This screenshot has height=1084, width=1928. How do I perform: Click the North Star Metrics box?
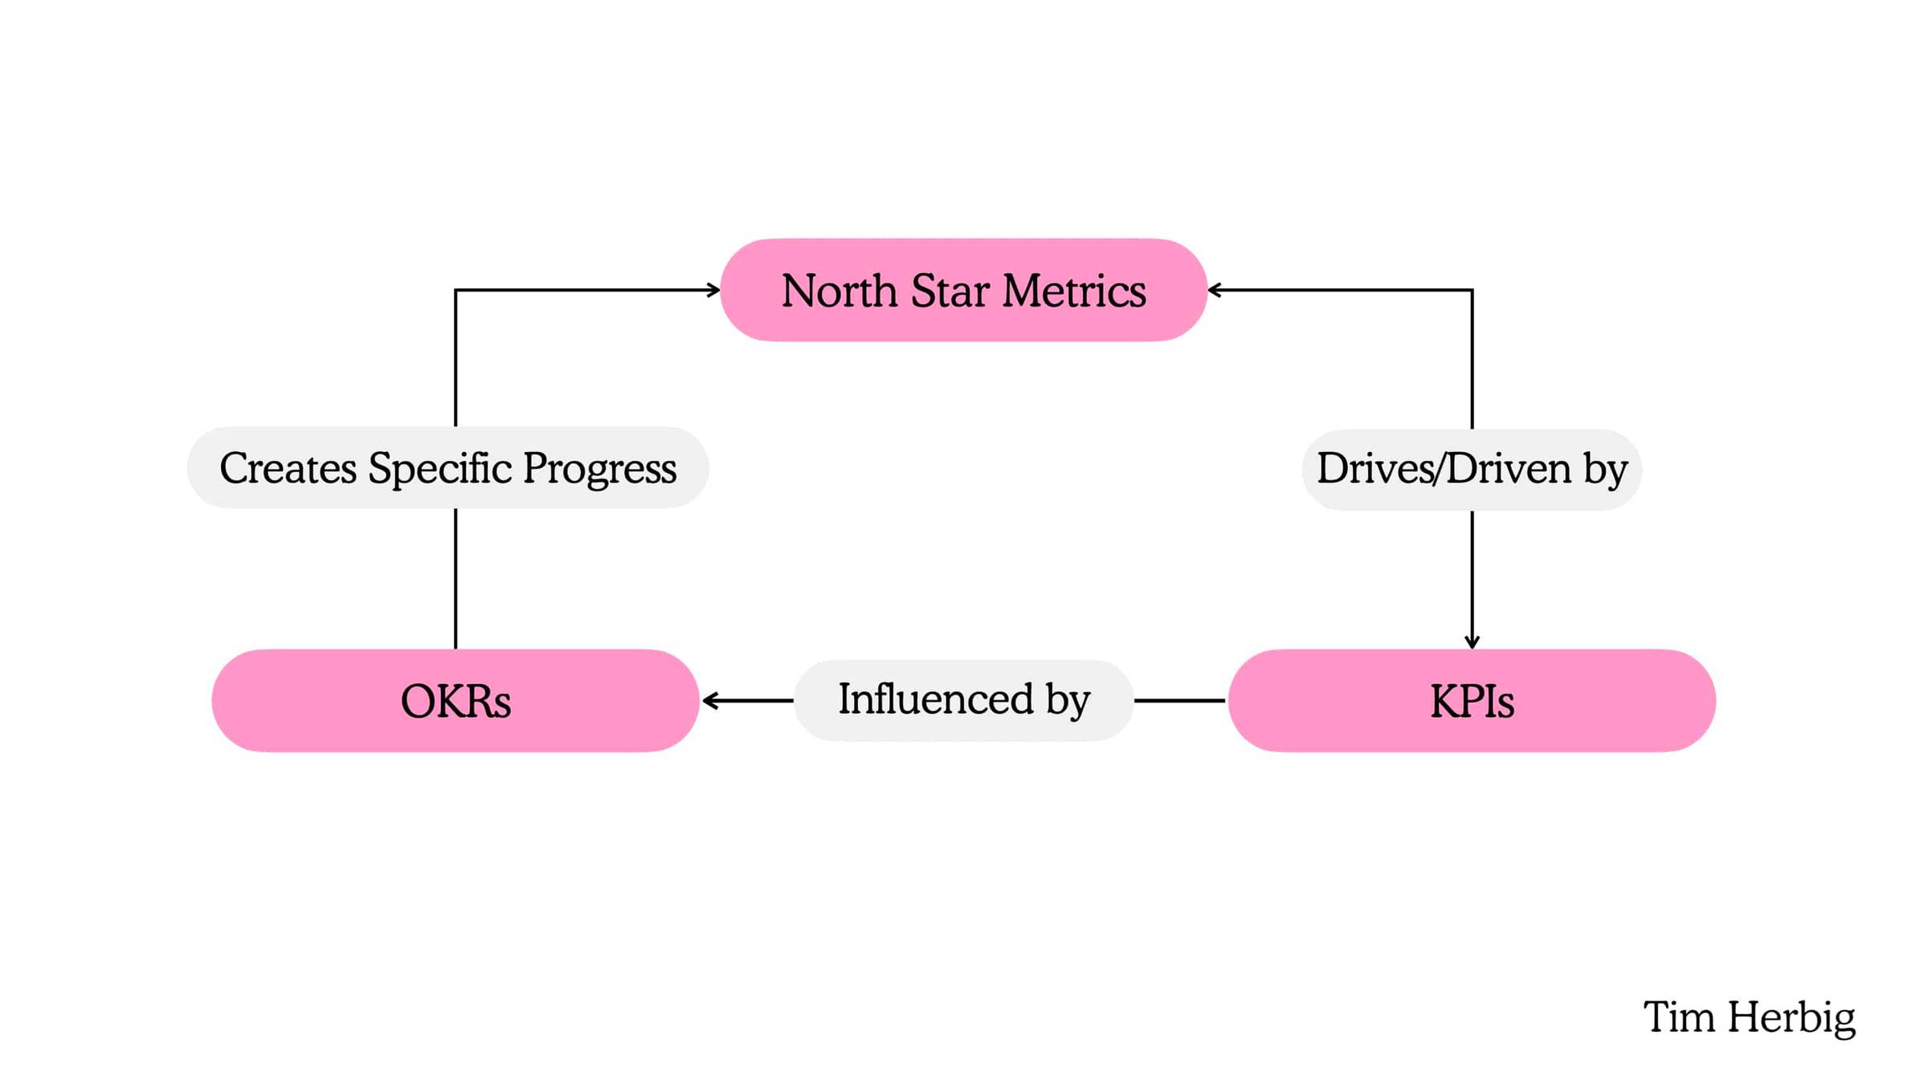[x=963, y=290]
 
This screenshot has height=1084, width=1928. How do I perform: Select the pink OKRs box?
[x=455, y=700]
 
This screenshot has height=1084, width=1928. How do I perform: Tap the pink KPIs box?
[x=1472, y=700]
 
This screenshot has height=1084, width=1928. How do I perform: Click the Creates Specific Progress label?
[x=447, y=467]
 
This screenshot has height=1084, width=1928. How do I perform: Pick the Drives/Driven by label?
[x=1472, y=469]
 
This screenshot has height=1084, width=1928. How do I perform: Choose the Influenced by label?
[x=963, y=700]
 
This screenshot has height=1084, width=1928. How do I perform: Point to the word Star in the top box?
[x=950, y=290]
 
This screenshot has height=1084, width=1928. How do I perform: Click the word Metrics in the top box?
[x=1074, y=290]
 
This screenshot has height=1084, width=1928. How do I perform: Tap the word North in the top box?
[x=839, y=290]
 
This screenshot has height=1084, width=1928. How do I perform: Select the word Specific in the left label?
[x=440, y=467]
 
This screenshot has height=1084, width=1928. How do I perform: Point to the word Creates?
[x=288, y=468]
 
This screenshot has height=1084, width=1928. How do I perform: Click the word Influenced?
[x=936, y=698]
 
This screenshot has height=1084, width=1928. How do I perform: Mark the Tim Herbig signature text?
[x=1749, y=1018]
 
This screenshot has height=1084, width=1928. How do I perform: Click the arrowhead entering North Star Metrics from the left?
[x=713, y=290]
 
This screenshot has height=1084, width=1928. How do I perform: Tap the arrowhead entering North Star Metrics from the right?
[x=1215, y=290]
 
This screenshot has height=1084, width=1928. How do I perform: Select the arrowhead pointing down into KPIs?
[x=1472, y=642]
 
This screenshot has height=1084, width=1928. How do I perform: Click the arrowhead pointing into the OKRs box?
[x=709, y=700]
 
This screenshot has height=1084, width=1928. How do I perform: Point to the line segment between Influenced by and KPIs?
[x=1180, y=700]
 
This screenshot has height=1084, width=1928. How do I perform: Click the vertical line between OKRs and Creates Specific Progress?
[x=455, y=578]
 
